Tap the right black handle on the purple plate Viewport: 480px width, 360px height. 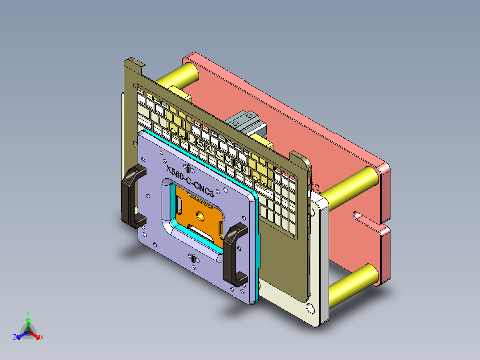pos(235,254)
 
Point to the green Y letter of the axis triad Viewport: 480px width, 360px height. pos(28,313)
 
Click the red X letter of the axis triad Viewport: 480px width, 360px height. pos(42,338)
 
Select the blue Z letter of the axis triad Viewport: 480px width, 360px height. pos(15,338)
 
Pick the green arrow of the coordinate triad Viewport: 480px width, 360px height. pos(28,323)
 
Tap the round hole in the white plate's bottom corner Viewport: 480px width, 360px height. pos(309,307)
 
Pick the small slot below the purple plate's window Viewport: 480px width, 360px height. pos(194,258)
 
